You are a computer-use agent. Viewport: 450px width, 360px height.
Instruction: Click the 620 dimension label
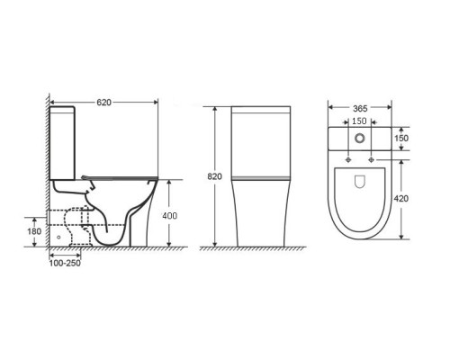click(103, 103)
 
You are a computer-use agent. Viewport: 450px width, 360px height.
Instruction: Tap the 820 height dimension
click(215, 176)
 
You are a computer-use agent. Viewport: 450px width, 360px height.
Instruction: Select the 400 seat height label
click(169, 216)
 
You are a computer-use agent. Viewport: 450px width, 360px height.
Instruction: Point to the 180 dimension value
click(34, 231)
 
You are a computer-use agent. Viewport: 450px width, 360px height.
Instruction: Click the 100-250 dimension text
click(65, 263)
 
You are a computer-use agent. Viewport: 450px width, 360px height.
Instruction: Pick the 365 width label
click(360, 109)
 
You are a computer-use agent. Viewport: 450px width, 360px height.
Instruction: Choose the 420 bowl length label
click(401, 199)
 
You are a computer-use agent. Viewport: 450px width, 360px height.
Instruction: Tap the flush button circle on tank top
click(360, 138)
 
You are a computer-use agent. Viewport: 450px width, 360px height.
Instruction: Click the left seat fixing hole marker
click(348, 159)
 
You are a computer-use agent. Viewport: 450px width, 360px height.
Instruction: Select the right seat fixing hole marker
click(372, 159)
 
